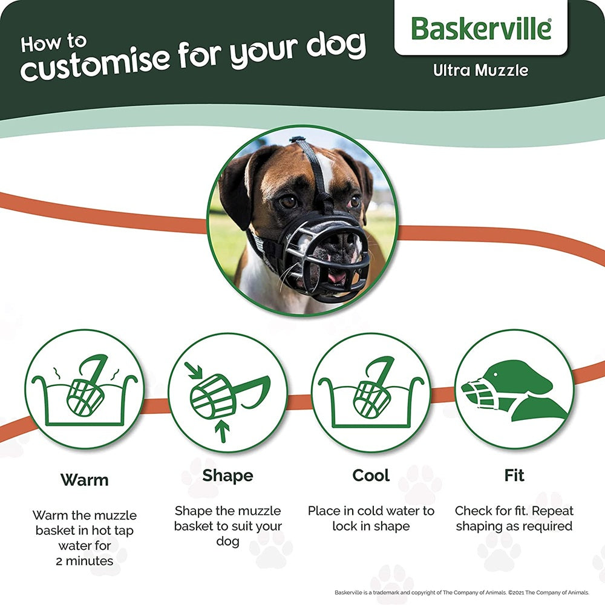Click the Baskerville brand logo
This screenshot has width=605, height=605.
click(481, 28)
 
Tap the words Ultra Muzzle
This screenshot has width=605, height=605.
click(480, 70)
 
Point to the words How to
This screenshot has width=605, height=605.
click(53, 44)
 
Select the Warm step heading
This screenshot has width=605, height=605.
click(84, 480)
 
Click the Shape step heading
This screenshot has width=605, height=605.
click(227, 475)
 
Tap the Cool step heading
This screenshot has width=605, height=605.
click(371, 475)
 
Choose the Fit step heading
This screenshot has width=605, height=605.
click(514, 475)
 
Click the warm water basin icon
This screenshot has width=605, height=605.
click(84, 390)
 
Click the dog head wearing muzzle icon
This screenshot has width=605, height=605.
click(514, 390)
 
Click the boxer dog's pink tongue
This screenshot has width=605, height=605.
click(337, 277)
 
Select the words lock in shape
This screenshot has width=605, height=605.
click(371, 526)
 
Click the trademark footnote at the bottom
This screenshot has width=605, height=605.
click(462, 592)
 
